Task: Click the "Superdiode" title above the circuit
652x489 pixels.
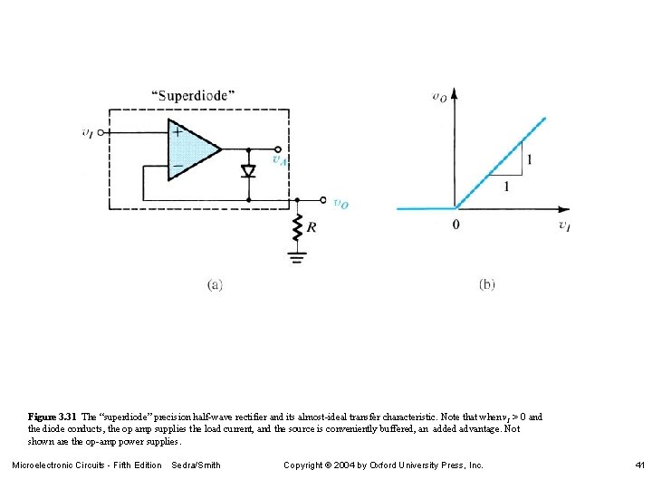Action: (192, 95)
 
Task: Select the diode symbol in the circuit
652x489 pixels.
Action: (248, 171)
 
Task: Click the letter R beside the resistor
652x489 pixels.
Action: (312, 228)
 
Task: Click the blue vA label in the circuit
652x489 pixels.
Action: (281, 160)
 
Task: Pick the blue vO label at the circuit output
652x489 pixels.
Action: (340, 205)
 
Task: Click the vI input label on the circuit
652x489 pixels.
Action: (87, 132)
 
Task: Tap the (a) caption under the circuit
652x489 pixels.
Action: (215, 284)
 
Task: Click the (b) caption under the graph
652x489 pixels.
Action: (486, 284)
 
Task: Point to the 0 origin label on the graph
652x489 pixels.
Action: (455, 224)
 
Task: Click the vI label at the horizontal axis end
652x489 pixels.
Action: (564, 225)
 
